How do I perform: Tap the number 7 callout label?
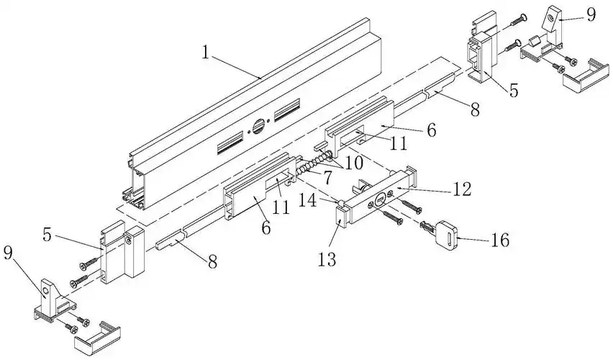(327, 176)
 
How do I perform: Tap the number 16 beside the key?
(499, 240)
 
